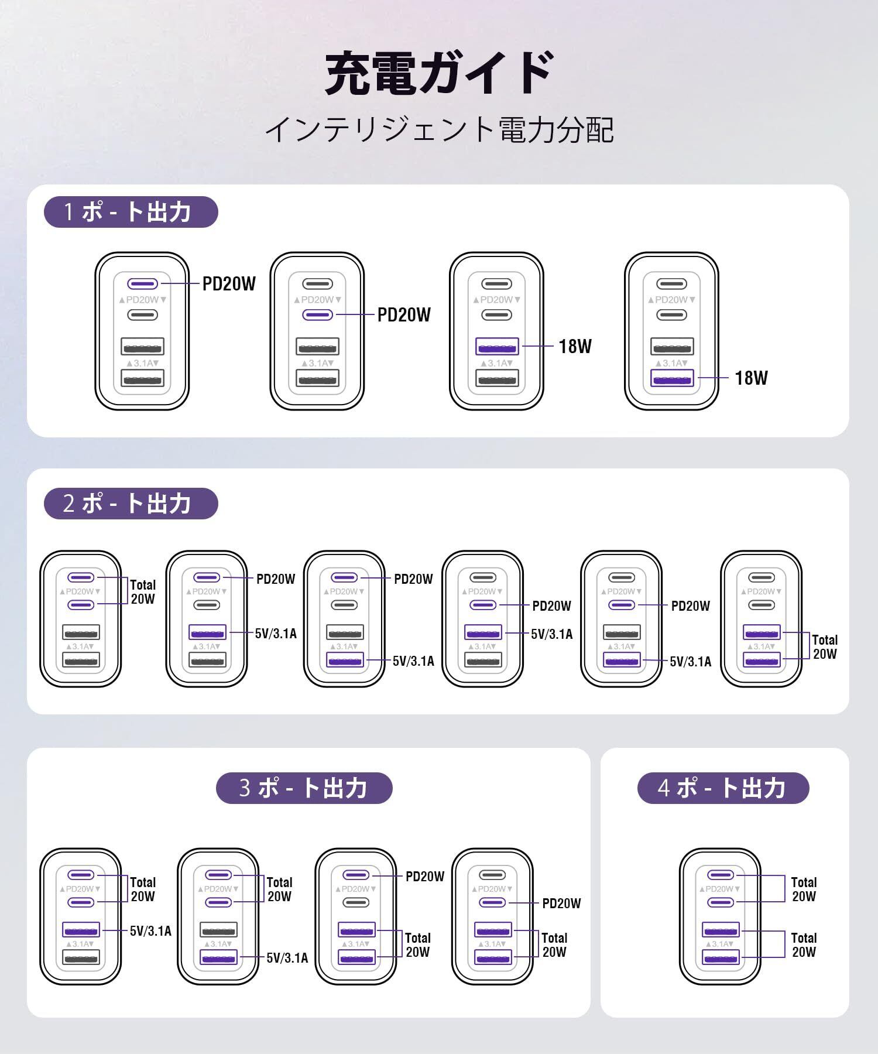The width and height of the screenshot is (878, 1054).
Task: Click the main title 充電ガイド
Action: [438, 73]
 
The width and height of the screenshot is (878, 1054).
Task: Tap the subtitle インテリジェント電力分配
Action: [439, 130]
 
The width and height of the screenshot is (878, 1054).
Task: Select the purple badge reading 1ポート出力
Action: [131, 212]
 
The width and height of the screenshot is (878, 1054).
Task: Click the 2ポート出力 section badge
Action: [131, 504]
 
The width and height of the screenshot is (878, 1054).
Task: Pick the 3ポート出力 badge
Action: [304, 788]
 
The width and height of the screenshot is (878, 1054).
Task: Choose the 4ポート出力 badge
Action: [723, 788]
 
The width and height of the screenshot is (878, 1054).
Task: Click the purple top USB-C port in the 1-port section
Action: [142, 284]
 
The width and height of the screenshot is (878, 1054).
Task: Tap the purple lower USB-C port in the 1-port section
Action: [317, 315]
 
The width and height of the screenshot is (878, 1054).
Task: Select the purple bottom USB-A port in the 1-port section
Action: [672, 378]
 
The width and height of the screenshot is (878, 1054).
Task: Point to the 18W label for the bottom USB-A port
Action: [751, 378]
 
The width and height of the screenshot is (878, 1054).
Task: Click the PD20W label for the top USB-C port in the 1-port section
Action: [229, 284]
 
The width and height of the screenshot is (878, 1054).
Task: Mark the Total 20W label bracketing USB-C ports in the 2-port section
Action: [143, 591]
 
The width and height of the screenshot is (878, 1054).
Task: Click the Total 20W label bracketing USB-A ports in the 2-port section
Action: [824, 646]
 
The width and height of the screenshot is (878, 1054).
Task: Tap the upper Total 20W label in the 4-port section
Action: [804, 889]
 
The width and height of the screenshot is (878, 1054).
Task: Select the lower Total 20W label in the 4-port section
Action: [804, 945]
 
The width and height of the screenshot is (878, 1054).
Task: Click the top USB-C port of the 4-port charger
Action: [721, 875]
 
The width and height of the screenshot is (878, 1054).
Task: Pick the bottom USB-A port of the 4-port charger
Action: [721, 958]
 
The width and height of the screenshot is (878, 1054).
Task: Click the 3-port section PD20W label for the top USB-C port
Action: [425, 876]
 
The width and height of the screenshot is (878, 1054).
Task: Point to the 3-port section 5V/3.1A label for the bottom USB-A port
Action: [287, 958]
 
